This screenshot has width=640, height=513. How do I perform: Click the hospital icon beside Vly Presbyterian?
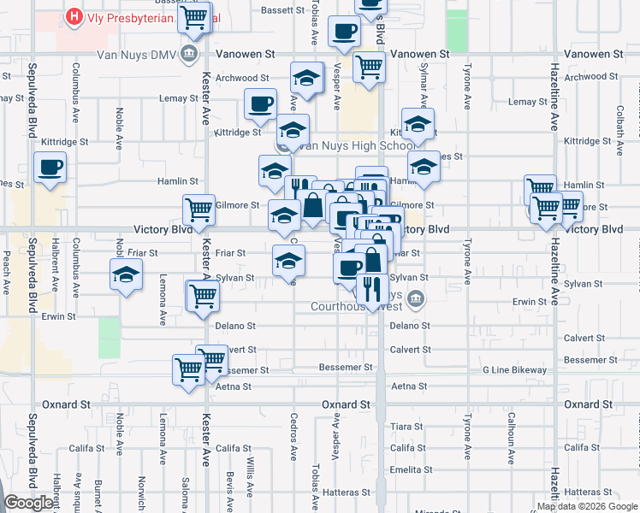pos(74,17)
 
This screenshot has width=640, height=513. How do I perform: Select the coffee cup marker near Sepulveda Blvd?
pos(50,168)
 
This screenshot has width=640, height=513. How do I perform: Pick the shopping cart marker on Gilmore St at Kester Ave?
pos(199,208)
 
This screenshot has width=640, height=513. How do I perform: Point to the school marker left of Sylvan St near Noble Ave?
pos(126,275)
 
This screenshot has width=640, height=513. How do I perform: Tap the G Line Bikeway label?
pos(513,370)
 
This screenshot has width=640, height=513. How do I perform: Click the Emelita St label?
pos(408,469)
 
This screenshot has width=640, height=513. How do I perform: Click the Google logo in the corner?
pos(29,503)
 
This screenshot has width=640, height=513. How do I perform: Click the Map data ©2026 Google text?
pos(587,506)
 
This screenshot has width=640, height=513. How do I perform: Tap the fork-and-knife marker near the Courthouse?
pos(370,288)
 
